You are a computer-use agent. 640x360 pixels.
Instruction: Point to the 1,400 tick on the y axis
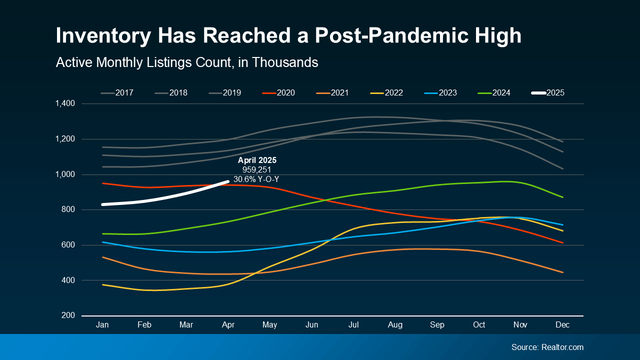pyautogui.click(x=65, y=103)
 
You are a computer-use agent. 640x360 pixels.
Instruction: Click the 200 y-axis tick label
pyautogui.click(x=68, y=315)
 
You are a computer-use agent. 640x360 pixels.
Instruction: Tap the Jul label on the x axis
pyautogui.click(x=353, y=325)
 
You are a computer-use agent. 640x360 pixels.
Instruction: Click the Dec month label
pyautogui.click(x=563, y=325)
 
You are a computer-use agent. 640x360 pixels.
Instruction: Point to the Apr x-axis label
pyautogui.click(x=228, y=325)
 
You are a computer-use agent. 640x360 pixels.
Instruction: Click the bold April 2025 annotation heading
pyautogui.click(x=256, y=160)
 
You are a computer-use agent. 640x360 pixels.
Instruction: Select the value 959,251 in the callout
pyautogui.click(x=256, y=170)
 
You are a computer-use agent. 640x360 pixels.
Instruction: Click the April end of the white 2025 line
pyautogui.click(x=228, y=182)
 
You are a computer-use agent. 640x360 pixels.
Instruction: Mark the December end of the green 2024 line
pyautogui.click(x=563, y=197)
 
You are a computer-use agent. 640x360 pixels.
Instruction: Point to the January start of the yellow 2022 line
pyautogui.click(x=102, y=284)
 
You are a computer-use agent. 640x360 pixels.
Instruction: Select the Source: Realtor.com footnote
pyautogui.click(x=547, y=347)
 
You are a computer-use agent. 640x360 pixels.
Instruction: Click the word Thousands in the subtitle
pyautogui.click(x=284, y=62)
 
